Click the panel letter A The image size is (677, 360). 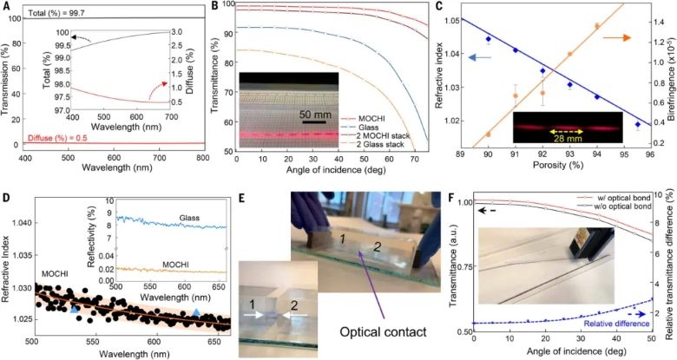6,7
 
